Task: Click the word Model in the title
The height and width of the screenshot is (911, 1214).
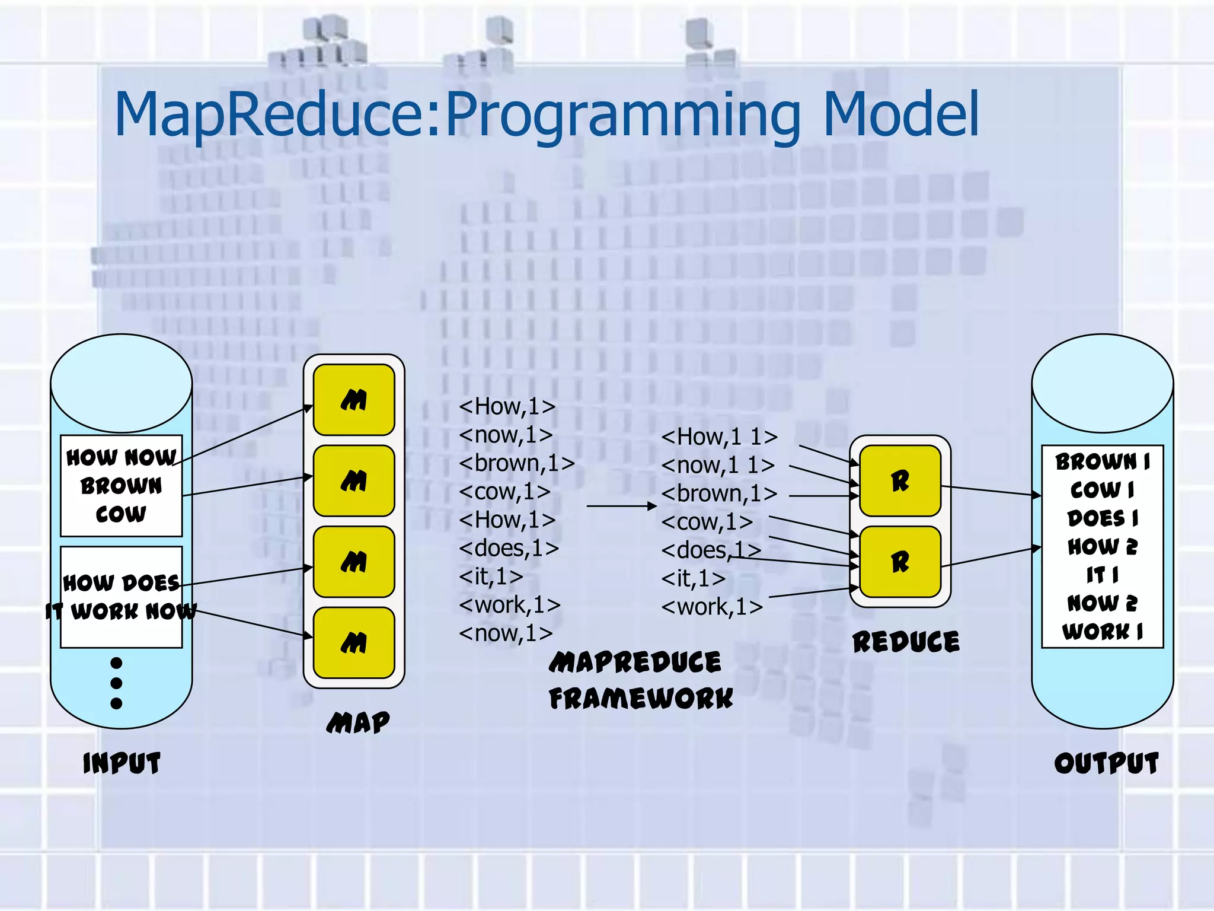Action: pos(900,114)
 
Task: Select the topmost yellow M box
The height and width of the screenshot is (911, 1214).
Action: pos(354,400)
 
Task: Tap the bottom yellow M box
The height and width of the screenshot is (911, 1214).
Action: pos(354,642)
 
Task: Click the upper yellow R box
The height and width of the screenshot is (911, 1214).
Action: pos(900,480)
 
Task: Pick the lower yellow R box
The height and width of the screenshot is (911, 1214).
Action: pos(900,561)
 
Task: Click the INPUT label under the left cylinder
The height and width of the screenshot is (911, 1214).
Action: pos(122,763)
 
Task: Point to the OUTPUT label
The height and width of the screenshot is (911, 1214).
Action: pos(1106,763)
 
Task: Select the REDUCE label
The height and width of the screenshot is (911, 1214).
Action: pos(906,642)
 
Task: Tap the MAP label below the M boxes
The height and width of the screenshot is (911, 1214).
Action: pos(358,722)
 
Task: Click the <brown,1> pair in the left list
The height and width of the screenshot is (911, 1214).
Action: pos(516,463)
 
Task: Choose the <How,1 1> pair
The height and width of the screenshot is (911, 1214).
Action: pos(719,437)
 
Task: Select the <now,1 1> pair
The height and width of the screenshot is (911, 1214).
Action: pos(718,466)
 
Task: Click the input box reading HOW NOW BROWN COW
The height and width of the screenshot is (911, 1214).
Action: pos(121,485)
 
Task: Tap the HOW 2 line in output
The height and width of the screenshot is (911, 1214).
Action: pos(1103,546)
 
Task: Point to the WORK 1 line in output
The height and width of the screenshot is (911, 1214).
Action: pos(1103,631)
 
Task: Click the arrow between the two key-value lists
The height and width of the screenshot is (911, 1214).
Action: pos(621,506)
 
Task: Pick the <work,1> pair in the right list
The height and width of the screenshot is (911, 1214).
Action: pos(712,607)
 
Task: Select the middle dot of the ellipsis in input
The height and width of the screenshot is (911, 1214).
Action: pos(116,683)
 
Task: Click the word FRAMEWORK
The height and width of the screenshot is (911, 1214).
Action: pos(641,698)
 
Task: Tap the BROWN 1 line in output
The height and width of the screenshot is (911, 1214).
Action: pos(1103,461)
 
